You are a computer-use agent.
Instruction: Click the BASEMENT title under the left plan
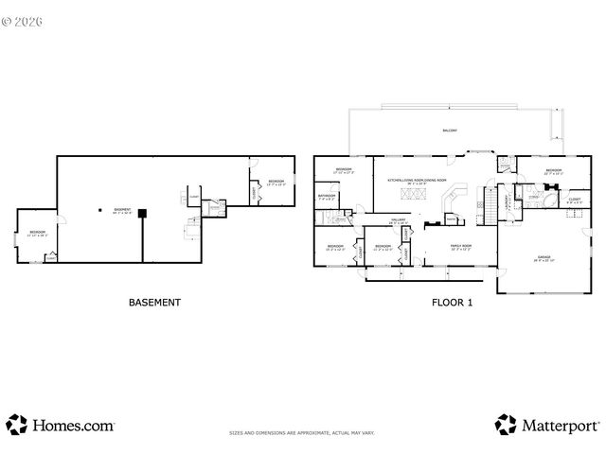(x=153, y=303)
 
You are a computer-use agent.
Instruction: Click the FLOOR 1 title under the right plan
(x=451, y=303)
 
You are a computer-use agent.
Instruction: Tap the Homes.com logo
(x=61, y=425)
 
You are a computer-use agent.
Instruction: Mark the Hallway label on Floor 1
(x=399, y=220)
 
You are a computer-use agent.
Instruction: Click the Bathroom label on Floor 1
(x=327, y=198)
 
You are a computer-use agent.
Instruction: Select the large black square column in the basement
(x=141, y=213)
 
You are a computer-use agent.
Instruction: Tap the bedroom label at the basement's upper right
(x=276, y=181)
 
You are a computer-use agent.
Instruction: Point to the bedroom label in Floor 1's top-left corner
(x=343, y=171)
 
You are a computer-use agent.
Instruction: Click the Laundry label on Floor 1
(x=508, y=201)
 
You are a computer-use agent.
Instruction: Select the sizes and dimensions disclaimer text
(x=301, y=433)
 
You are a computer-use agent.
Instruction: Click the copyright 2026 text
(x=25, y=19)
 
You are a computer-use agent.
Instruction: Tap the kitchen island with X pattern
(x=414, y=195)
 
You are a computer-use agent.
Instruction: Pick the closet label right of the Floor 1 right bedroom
(x=575, y=200)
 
